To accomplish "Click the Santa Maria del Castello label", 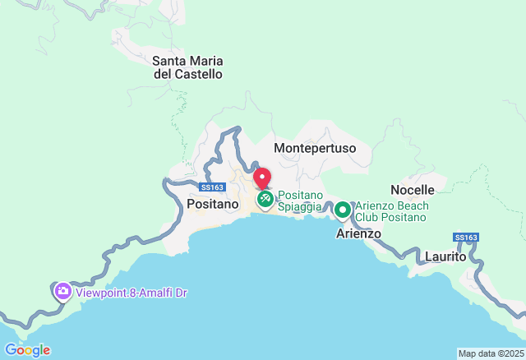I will [187, 67].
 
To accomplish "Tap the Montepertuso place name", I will [314, 147].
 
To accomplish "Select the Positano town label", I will [213, 203].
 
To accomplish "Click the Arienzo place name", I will [359, 233].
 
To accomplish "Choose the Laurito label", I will [445, 256].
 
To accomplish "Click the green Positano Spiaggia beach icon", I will [265, 200].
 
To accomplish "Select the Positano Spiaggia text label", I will [299, 201].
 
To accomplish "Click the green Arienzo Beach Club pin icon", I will [343, 210].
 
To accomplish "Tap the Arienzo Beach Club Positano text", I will [391, 211].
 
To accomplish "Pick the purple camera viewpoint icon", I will [62, 291].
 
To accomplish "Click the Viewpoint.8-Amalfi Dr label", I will [132, 292].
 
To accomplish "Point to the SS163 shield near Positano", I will [212, 187].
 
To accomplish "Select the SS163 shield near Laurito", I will [465, 238].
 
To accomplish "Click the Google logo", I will [27, 350].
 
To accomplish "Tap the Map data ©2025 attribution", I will [490, 353].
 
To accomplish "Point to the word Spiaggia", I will [299, 206].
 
